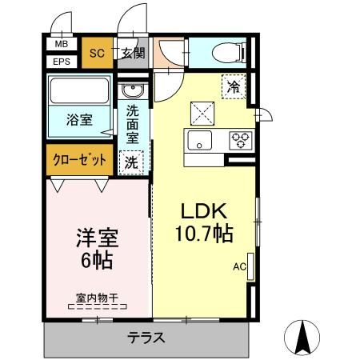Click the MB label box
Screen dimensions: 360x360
61,45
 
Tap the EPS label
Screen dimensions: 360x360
61,61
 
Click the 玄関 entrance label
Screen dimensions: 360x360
133,54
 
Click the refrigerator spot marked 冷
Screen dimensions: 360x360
234,86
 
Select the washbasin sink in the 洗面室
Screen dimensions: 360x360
133,90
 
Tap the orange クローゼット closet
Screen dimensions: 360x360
80,159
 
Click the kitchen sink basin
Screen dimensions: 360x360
200,141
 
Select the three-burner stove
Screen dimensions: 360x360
239,140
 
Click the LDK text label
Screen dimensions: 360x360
205,212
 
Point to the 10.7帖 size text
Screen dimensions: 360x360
205,235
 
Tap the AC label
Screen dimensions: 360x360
239,266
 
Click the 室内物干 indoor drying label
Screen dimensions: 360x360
97,298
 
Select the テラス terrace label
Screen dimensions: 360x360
146,338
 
